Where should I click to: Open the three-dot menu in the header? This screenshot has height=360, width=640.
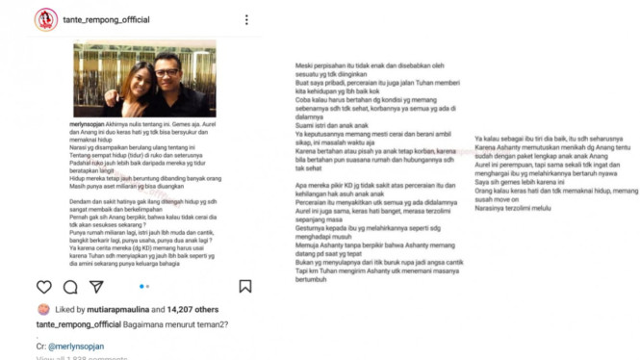click(x=247, y=19)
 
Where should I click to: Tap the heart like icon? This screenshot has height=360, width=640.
click(x=44, y=286)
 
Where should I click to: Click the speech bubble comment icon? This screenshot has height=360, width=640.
click(x=70, y=286)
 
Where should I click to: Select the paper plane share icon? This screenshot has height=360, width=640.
click(x=96, y=286)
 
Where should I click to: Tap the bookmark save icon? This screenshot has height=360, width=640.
click(x=245, y=286)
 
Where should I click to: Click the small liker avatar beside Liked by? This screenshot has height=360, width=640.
click(x=43, y=310)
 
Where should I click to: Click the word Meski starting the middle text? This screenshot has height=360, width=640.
click(x=308, y=66)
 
